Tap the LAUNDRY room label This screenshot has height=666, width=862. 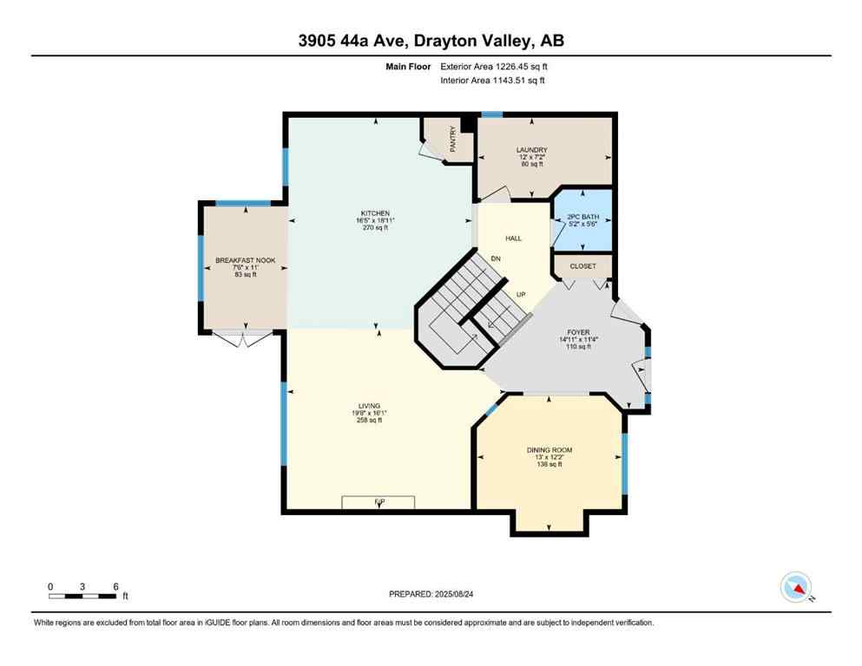531,150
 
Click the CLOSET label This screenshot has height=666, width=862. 582,267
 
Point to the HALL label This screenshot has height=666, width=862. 514,238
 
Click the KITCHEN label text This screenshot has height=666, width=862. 376,213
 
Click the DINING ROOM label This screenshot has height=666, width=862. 549,449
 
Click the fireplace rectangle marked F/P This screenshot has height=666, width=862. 378,502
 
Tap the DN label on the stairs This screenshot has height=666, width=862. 496,259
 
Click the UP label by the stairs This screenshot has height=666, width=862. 521,295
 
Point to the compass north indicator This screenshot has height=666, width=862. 796,588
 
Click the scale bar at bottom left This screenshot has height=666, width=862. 82,594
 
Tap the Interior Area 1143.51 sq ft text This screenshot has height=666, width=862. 492,81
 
